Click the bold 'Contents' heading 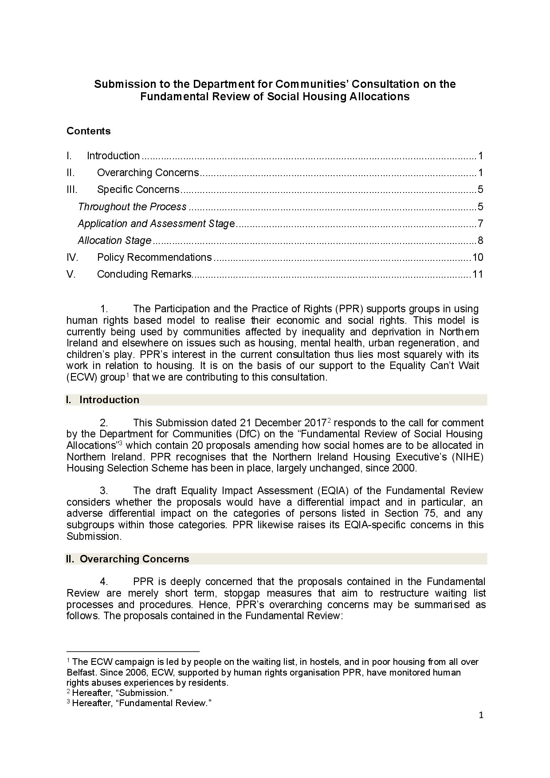tap(88, 131)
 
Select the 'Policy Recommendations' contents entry tap(154, 257)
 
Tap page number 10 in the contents tap(477, 257)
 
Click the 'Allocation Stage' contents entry tap(114, 240)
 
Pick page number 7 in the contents tap(480, 224)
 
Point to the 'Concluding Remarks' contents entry tap(144, 274)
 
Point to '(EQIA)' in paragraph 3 tap(332, 491)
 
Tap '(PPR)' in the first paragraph tap(350, 309)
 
